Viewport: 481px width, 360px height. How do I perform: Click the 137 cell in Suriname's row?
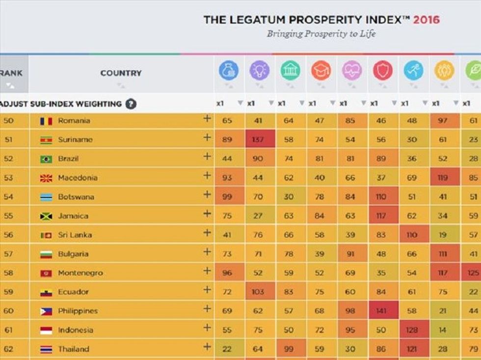point(258,140)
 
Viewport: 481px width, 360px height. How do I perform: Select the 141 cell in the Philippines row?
point(380,311)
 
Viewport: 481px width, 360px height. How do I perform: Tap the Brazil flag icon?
point(46,159)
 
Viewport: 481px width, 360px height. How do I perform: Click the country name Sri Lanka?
point(75,235)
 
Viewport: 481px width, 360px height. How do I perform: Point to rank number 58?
point(9,273)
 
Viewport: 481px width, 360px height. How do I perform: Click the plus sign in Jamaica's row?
point(207,214)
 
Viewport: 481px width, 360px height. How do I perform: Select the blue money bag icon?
point(229,71)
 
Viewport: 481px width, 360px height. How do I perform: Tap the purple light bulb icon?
point(259,71)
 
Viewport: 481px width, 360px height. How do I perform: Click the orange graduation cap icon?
point(321,71)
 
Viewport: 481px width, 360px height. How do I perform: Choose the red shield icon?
point(382,71)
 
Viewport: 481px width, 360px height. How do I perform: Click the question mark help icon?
point(130,104)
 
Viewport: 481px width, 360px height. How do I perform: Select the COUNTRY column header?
point(121,73)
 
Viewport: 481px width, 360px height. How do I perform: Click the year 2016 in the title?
point(426,20)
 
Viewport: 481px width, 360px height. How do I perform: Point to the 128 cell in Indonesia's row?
point(411,330)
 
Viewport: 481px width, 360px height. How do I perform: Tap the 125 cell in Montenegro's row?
point(473,273)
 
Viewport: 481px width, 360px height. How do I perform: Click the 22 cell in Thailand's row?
point(227,349)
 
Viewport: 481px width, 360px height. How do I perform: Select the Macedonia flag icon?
point(46,178)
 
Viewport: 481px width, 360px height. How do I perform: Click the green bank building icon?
point(290,71)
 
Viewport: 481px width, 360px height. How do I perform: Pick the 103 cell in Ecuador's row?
point(258,292)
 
